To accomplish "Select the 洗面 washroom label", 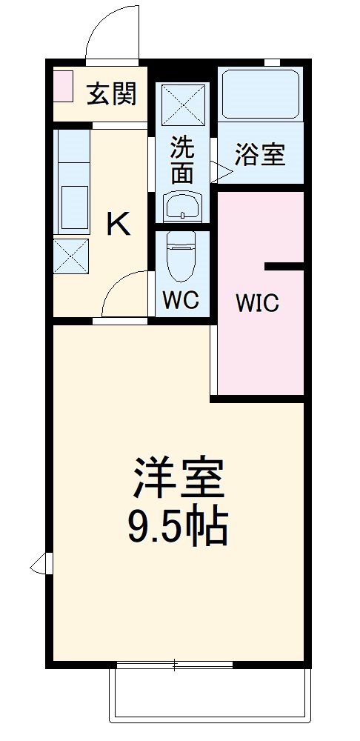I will coord(182,159).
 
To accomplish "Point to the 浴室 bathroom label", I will coord(259,156).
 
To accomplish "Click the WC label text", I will coord(181,301).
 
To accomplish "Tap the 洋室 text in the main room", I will coord(179,479).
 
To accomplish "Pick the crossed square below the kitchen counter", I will coord(72,256).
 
